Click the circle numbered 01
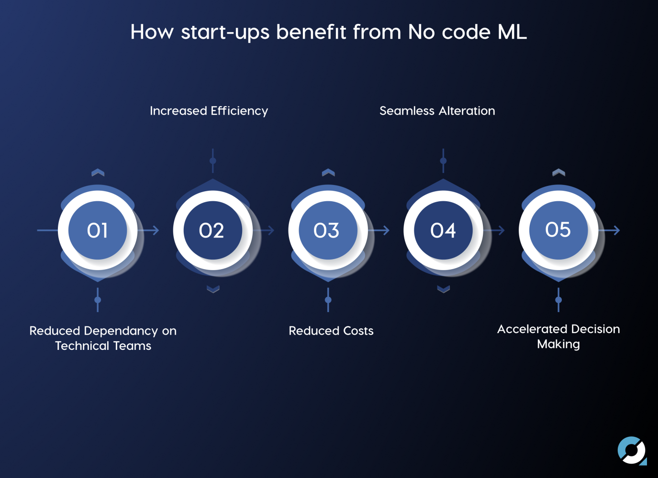pyautogui.click(x=98, y=230)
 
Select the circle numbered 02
pyautogui.click(x=212, y=230)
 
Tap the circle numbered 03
pyautogui.click(x=328, y=230)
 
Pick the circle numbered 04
pyautogui.click(x=443, y=230)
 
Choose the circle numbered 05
pyautogui.click(x=558, y=230)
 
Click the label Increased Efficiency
pyautogui.click(x=209, y=111)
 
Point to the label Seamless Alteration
pyautogui.click(x=437, y=111)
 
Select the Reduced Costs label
pyautogui.click(x=331, y=331)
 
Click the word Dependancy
pyautogui.click(x=121, y=331)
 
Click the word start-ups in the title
pyautogui.click(x=225, y=33)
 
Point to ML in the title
pyautogui.click(x=512, y=32)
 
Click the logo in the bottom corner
pyautogui.click(x=632, y=451)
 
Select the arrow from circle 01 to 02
pyautogui.click(x=148, y=230)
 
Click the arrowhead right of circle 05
pyautogui.click(x=616, y=230)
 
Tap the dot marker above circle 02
pyautogui.click(x=212, y=161)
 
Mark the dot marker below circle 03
pyautogui.click(x=328, y=300)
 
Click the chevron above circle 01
pyautogui.click(x=98, y=172)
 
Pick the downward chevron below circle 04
pyautogui.click(x=443, y=289)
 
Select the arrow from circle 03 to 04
pyautogui.click(x=379, y=230)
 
